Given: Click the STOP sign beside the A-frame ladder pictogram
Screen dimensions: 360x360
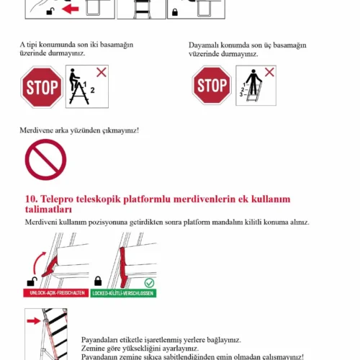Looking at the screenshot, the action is click(x=42, y=87).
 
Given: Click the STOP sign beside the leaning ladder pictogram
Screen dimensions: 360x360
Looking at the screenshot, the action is click(x=212, y=85).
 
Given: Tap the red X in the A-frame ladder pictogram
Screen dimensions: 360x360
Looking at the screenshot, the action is click(x=102, y=72).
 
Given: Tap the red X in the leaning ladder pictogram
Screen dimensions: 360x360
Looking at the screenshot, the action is click(x=269, y=72).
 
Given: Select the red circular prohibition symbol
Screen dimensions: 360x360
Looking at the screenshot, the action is click(x=45, y=160).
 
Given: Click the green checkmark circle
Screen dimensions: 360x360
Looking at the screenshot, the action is click(x=149, y=283).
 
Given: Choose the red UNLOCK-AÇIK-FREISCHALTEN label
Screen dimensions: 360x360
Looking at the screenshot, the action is click(x=56, y=293).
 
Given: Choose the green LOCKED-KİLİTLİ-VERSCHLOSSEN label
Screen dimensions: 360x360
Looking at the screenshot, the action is click(x=123, y=293).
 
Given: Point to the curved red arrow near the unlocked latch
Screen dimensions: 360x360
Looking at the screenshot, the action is click(x=36, y=262).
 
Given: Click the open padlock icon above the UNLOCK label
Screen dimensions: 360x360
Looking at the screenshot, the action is click(x=32, y=282).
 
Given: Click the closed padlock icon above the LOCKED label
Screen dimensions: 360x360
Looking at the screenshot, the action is click(x=98, y=281).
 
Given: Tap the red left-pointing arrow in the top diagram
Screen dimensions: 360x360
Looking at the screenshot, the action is click(x=71, y=9).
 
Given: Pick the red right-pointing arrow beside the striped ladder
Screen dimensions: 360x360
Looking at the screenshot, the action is click(x=34, y=321).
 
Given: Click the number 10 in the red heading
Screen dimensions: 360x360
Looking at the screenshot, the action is click(x=32, y=199).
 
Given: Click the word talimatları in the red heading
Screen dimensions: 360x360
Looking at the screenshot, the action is click(x=48, y=210).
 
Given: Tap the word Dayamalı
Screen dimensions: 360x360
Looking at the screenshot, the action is click(x=204, y=45).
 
